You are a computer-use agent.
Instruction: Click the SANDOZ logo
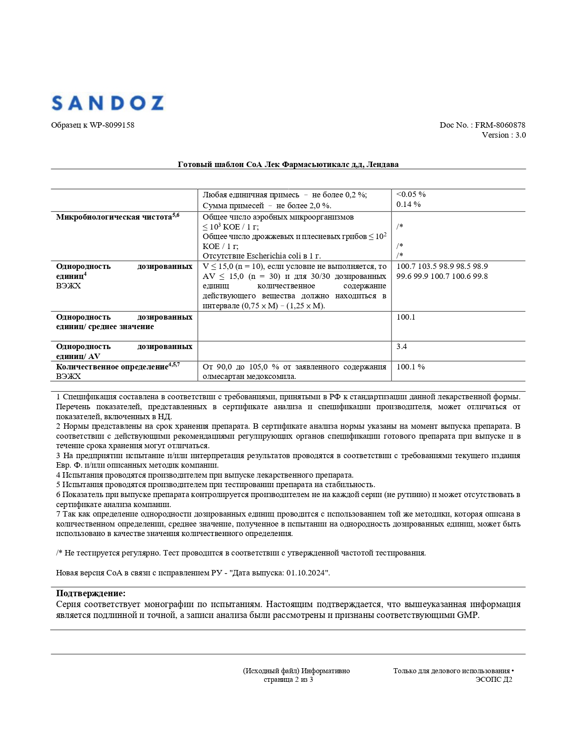[107, 103]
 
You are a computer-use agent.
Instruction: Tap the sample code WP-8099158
[112, 125]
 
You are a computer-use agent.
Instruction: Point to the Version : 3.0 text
[504, 135]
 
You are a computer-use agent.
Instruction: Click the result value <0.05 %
[411, 194]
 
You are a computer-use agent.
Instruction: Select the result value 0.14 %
[408, 204]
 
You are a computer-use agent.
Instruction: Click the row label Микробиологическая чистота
[114, 217]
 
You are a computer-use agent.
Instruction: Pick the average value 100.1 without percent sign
[405, 317]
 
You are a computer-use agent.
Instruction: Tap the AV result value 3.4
[401, 346]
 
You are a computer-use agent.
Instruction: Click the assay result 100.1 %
[410, 367]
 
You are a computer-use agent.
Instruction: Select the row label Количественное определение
[112, 367]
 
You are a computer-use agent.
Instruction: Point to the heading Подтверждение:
[91, 593]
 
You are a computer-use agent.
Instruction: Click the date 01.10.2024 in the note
[305, 573]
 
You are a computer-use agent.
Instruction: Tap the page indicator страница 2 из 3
[288, 680]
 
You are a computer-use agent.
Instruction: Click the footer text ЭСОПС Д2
[494, 680]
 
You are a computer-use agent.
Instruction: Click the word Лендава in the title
[382, 164]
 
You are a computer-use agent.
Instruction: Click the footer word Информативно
[325, 671]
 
